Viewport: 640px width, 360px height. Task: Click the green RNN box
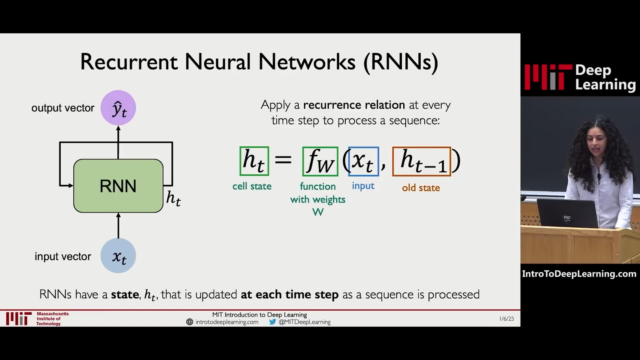click(118, 186)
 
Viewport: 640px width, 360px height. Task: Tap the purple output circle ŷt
click(118, 108)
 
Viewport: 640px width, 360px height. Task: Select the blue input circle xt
click(118, 256)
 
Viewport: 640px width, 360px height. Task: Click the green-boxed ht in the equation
click(254, 161)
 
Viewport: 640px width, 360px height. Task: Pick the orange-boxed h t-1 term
click(422, 161)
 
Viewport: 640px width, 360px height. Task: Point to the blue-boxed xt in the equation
click(363, 161)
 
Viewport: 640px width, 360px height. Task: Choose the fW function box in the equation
click(320, 161)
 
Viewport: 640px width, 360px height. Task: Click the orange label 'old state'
click(421, 188)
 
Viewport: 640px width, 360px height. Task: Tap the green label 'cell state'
click(252, 186)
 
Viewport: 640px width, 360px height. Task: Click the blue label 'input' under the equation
click(363, 186)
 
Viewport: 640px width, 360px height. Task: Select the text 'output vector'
click(63, 108)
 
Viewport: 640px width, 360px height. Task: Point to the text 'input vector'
click(63, 256)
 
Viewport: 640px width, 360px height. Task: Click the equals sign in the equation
click(283, 160)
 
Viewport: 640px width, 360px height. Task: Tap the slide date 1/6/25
click(507, 319)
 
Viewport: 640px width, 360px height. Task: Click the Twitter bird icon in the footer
click(273, 322)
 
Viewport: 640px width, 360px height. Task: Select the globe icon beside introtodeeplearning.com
click(190, 322)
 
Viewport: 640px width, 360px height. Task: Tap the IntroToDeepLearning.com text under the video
click(579, 274)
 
